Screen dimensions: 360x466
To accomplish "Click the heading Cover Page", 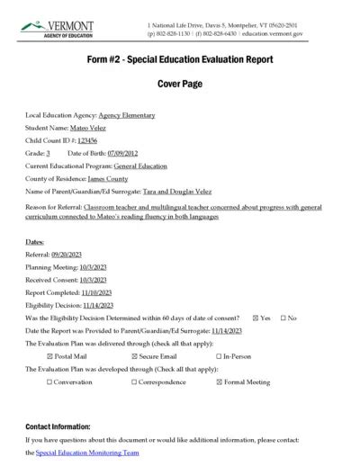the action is pyautogui.click(x=179, y=84).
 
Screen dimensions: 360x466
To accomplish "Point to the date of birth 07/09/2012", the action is pyautogui.click(x=124, y=155).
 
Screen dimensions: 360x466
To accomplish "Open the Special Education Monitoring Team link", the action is pyautogui.click(x=87, y=453).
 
